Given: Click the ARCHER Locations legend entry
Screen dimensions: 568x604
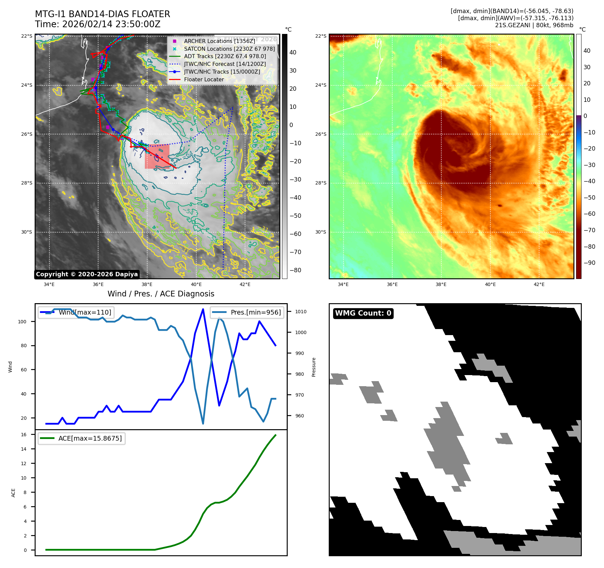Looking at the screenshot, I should click(219, 41).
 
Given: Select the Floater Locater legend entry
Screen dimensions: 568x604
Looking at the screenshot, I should click(204, 79).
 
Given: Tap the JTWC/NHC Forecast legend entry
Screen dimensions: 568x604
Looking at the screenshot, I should click(225, 64).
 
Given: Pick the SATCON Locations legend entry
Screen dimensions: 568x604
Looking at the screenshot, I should click(229, 49).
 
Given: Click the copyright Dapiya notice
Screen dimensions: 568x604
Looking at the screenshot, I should click(87, 274).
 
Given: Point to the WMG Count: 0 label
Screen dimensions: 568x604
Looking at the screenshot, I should click(363, 313).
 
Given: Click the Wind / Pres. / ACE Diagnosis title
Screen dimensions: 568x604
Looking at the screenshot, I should click(161, 294).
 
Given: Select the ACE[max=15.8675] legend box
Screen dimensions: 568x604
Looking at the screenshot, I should click(82, 438).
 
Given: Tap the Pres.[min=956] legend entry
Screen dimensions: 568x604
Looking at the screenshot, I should click(247, 312).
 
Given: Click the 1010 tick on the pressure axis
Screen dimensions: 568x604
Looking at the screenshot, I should click(301, 312).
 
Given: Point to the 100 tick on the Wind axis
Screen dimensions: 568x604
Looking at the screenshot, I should click(22, 322).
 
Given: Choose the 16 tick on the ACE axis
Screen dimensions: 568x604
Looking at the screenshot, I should click(24, 435).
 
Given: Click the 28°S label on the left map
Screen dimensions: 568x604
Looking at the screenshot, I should click(27, 183).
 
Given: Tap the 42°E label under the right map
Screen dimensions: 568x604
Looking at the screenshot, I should click(539, 284).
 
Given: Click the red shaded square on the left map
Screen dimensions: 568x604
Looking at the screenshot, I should click(157, 157).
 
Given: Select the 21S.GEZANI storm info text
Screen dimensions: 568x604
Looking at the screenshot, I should click(534, 25).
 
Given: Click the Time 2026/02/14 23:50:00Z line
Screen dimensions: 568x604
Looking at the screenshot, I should click(98, 25).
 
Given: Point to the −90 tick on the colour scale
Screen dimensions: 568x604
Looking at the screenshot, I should click(590, 263).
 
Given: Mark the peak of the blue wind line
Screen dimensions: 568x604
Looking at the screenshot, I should click(203, 309).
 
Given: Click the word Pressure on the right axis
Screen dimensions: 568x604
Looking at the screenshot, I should click(314, 367).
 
